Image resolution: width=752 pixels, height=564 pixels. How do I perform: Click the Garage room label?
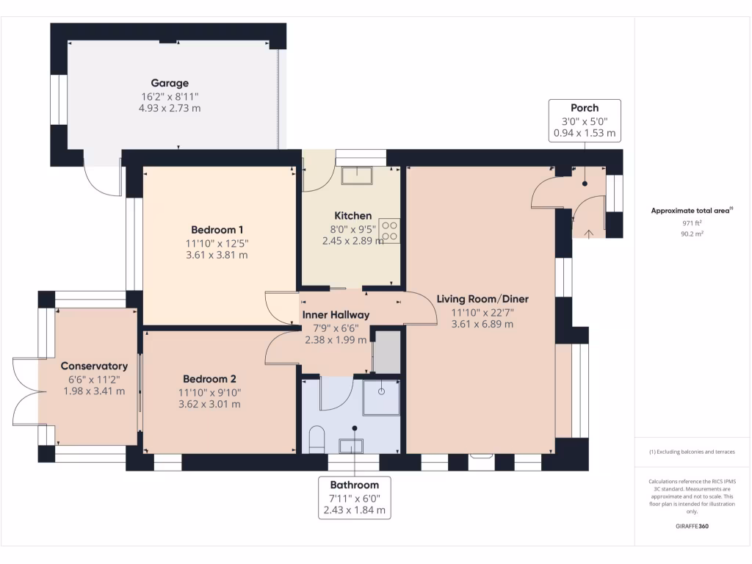[170, 83]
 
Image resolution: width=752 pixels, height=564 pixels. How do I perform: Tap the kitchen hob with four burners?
[390, 231]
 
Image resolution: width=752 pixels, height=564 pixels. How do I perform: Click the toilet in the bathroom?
[317, 439]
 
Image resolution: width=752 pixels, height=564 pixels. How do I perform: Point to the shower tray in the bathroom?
[381, 397]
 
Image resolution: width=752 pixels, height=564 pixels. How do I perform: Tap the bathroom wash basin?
[351, 445]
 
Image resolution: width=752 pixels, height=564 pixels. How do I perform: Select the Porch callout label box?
[585, 120]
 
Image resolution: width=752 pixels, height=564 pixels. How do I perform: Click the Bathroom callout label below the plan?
[354, 497]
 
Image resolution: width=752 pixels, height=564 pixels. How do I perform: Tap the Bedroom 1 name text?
[217, 229]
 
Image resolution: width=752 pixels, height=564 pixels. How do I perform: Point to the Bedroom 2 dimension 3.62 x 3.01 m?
[209, 404]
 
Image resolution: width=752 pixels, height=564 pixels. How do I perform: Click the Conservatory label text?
[94, 366]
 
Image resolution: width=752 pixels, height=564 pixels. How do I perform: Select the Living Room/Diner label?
[482, 299]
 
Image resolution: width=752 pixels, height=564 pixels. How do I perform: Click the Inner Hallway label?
[336, 315]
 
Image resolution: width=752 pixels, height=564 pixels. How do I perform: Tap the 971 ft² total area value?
[692, 222]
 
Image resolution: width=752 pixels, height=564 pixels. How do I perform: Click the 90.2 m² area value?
[692, 234]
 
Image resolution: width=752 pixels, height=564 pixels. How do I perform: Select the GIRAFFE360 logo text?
[692, 527]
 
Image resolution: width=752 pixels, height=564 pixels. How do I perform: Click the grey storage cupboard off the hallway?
[387, 352]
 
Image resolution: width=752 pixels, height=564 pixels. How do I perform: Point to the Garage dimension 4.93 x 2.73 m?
[170, 108]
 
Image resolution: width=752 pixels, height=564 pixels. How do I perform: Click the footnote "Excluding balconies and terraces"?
[692, 452]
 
